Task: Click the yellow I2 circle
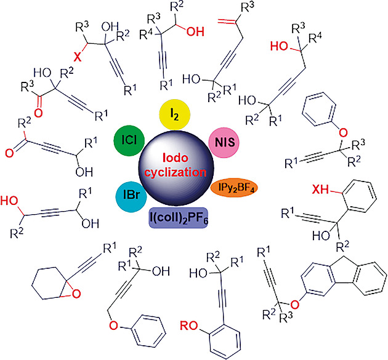(175, 114)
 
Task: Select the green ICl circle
(129, 141)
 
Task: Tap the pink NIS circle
(224, 143)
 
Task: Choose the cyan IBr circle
(131, 196)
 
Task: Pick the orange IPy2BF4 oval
(234, 188)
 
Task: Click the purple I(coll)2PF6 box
(178, 218)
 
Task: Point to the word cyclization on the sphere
(176, 172)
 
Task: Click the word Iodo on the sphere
(176, 158)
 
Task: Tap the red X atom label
(78, 57)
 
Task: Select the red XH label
(320, 190)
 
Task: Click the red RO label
(189, 326)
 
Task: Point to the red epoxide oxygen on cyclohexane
(76, 294)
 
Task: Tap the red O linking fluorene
(295, 305)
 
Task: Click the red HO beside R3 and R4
(280, 46)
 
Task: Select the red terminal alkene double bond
(227, 22)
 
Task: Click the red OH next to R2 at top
(195, 31)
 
